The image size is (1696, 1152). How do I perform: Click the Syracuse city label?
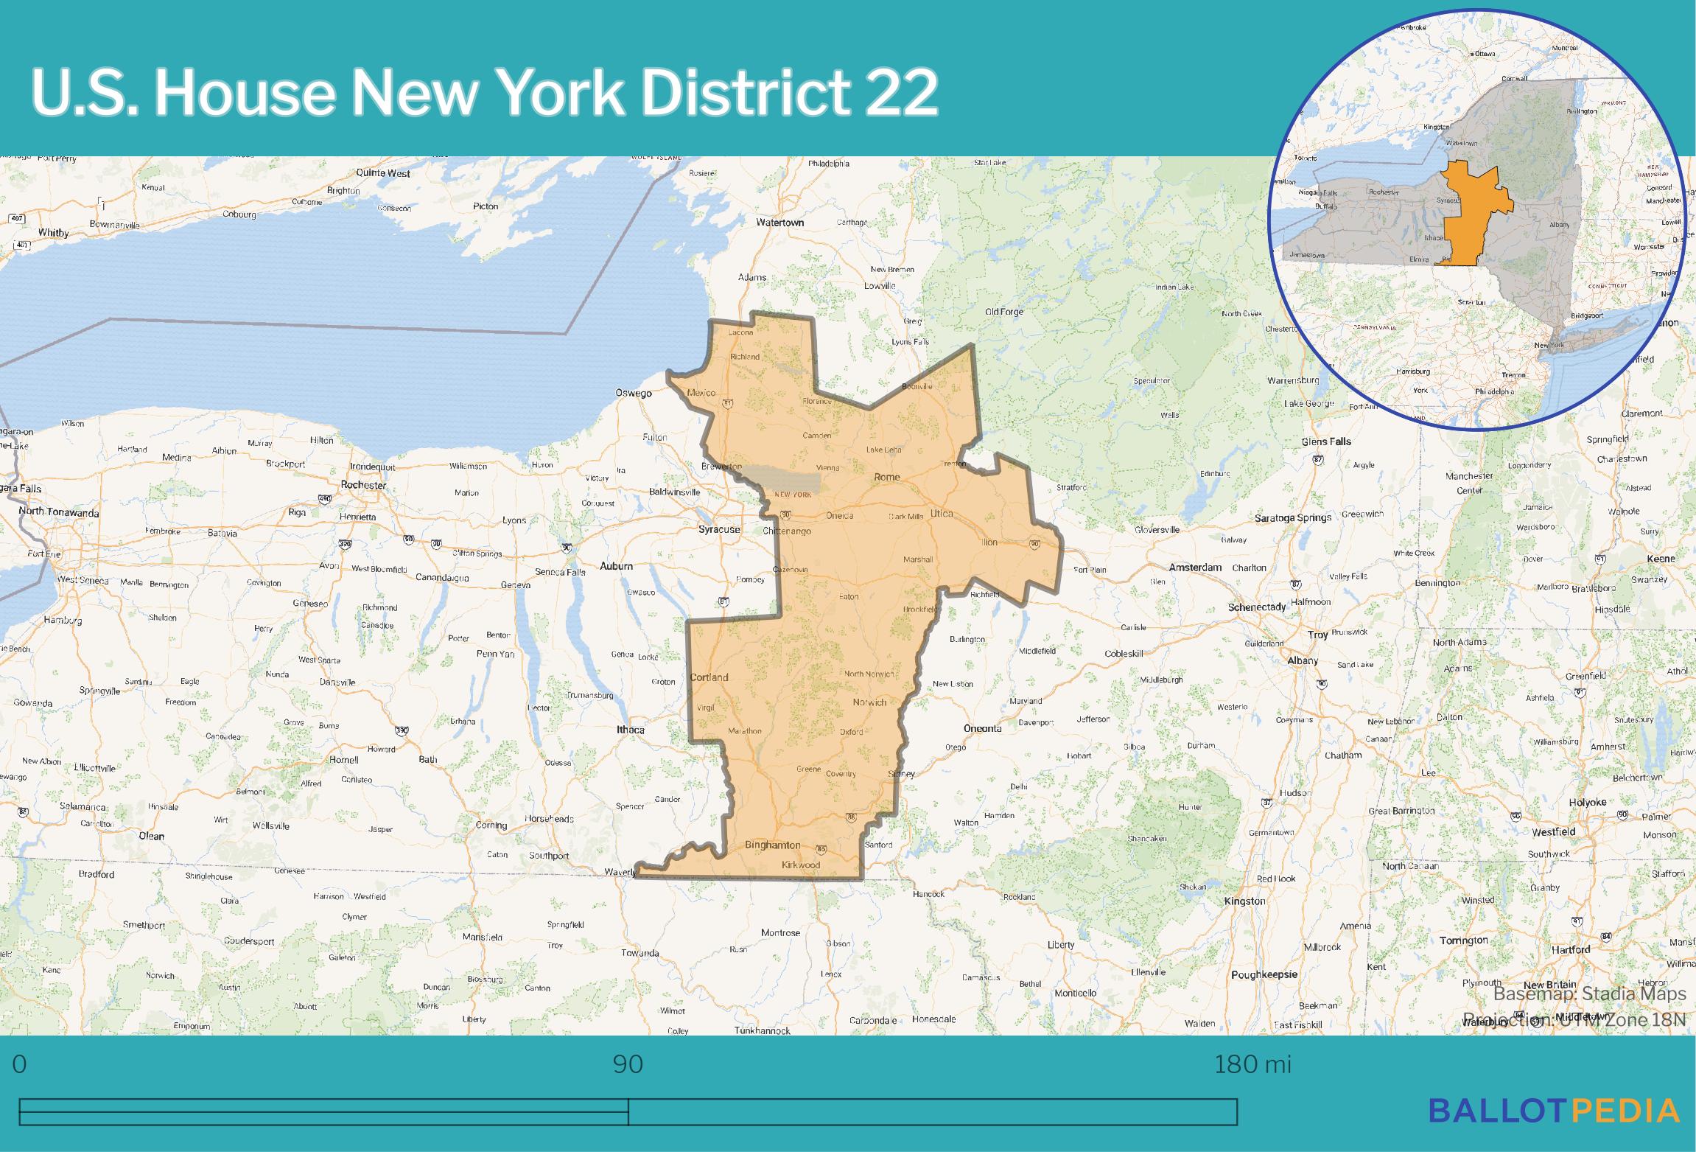pyautogui.click(x=719, y=529)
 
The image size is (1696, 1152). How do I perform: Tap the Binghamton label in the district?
pyautogui.click(x=772, y=845)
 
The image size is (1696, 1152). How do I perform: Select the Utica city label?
pyautogui.click(x=942, y=513)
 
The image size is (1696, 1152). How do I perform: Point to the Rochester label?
pyautogui.click(x=363, y=485)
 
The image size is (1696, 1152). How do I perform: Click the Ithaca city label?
pyautogui.click(x=631, y=730)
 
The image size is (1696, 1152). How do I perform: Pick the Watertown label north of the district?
pyautogui.click(x=780, y=222)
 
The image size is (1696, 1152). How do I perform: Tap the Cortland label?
pyautogui.click(x=709, y=677)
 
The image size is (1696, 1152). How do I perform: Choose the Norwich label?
pyautogui.click(x=869, y=702)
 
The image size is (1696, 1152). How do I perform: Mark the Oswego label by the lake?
pyautogui.click(x=634, y=393)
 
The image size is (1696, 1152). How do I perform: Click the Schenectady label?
pyautogui.click(x=1257, y=607)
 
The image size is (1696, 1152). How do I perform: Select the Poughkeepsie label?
pyautogui.click(x=1264, y=974)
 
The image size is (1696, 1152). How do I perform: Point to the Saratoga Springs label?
pyautogui.click(x=1293, y=518)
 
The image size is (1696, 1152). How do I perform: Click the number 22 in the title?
pyautogui.click(x=902, y=93)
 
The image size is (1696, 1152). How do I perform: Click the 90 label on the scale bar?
pyautogui.click(x=628, y=1064)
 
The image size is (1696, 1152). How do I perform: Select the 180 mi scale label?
pyautogui.click(x=1252, y=1064)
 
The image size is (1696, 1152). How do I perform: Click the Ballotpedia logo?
pyautogui.click(x=1554, y=1111)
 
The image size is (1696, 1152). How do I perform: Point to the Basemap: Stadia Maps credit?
pyautogui.click(x=1589, y=994)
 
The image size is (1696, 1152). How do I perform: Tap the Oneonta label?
pyautogui.click(x=983, y=728)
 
